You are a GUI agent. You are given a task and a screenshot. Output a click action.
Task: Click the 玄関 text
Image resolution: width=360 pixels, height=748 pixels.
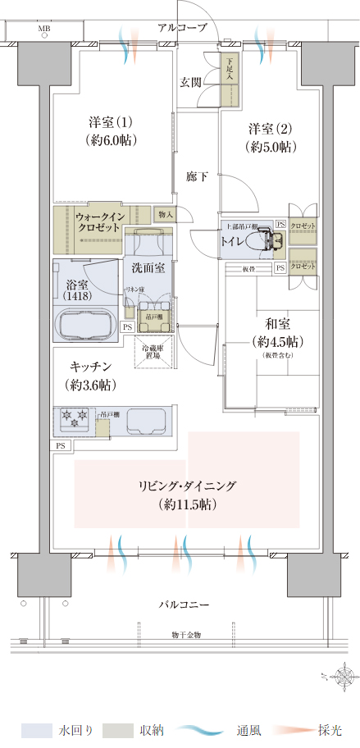192,82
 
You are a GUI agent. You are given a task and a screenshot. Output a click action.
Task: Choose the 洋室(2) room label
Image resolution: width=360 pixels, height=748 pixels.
271,137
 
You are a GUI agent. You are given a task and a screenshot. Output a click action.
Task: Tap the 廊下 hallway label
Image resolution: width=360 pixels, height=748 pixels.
196,176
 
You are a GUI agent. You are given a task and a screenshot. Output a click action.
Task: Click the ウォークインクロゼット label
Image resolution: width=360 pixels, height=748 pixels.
99,221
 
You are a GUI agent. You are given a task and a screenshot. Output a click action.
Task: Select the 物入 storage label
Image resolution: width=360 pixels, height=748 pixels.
164,214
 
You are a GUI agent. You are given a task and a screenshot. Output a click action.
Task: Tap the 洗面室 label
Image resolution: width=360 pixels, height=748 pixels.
148,268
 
